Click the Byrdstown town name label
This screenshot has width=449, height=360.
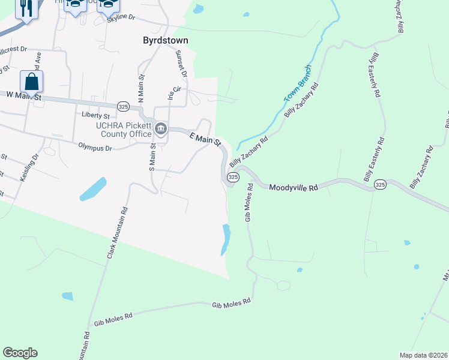166,41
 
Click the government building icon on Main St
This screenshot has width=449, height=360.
161,128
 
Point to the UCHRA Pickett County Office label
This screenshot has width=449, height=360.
124,130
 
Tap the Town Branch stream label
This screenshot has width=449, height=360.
298,83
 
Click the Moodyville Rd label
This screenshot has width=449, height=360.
293,187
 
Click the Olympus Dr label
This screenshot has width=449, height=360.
95,145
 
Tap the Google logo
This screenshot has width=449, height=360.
20,353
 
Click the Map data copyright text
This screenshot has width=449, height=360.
423,355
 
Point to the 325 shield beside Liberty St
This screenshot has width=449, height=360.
123,106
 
